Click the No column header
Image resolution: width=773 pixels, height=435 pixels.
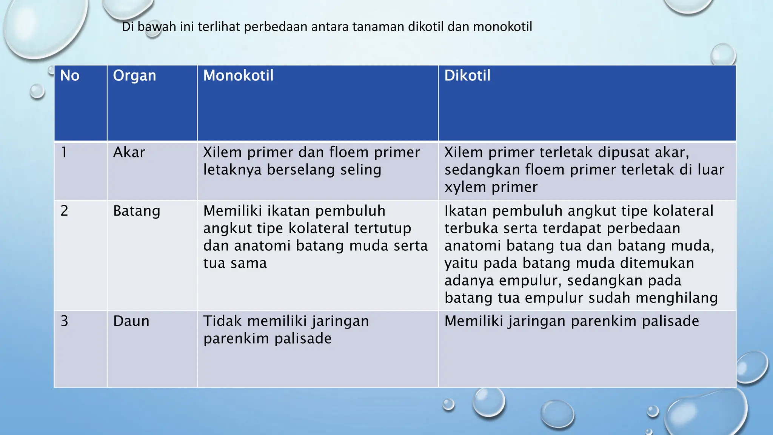pos(70,76)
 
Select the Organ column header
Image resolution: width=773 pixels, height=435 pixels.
pos(134,76)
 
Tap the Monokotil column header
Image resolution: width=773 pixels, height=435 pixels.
pos(238,76)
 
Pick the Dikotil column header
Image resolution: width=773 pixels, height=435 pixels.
pos(467,76)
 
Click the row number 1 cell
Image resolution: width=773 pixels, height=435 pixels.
pos(64,152)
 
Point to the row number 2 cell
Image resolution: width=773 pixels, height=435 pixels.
pos(65,211)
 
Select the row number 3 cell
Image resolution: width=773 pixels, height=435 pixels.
pos(65,321)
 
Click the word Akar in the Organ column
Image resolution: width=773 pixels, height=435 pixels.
pos(129,152)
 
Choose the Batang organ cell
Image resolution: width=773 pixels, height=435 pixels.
pos(137,211)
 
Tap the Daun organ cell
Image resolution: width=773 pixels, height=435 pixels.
pos(131,321)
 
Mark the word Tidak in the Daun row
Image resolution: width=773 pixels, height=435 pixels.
pos(222,321)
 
